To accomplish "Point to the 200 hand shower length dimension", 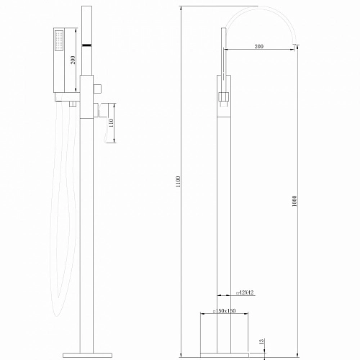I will tap(73, 60).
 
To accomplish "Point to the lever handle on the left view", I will tap(109, 126).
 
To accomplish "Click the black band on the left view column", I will tap(86, 45).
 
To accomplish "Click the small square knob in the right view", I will tap(223, 94).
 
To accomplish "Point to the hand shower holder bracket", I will tap(68, 96).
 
